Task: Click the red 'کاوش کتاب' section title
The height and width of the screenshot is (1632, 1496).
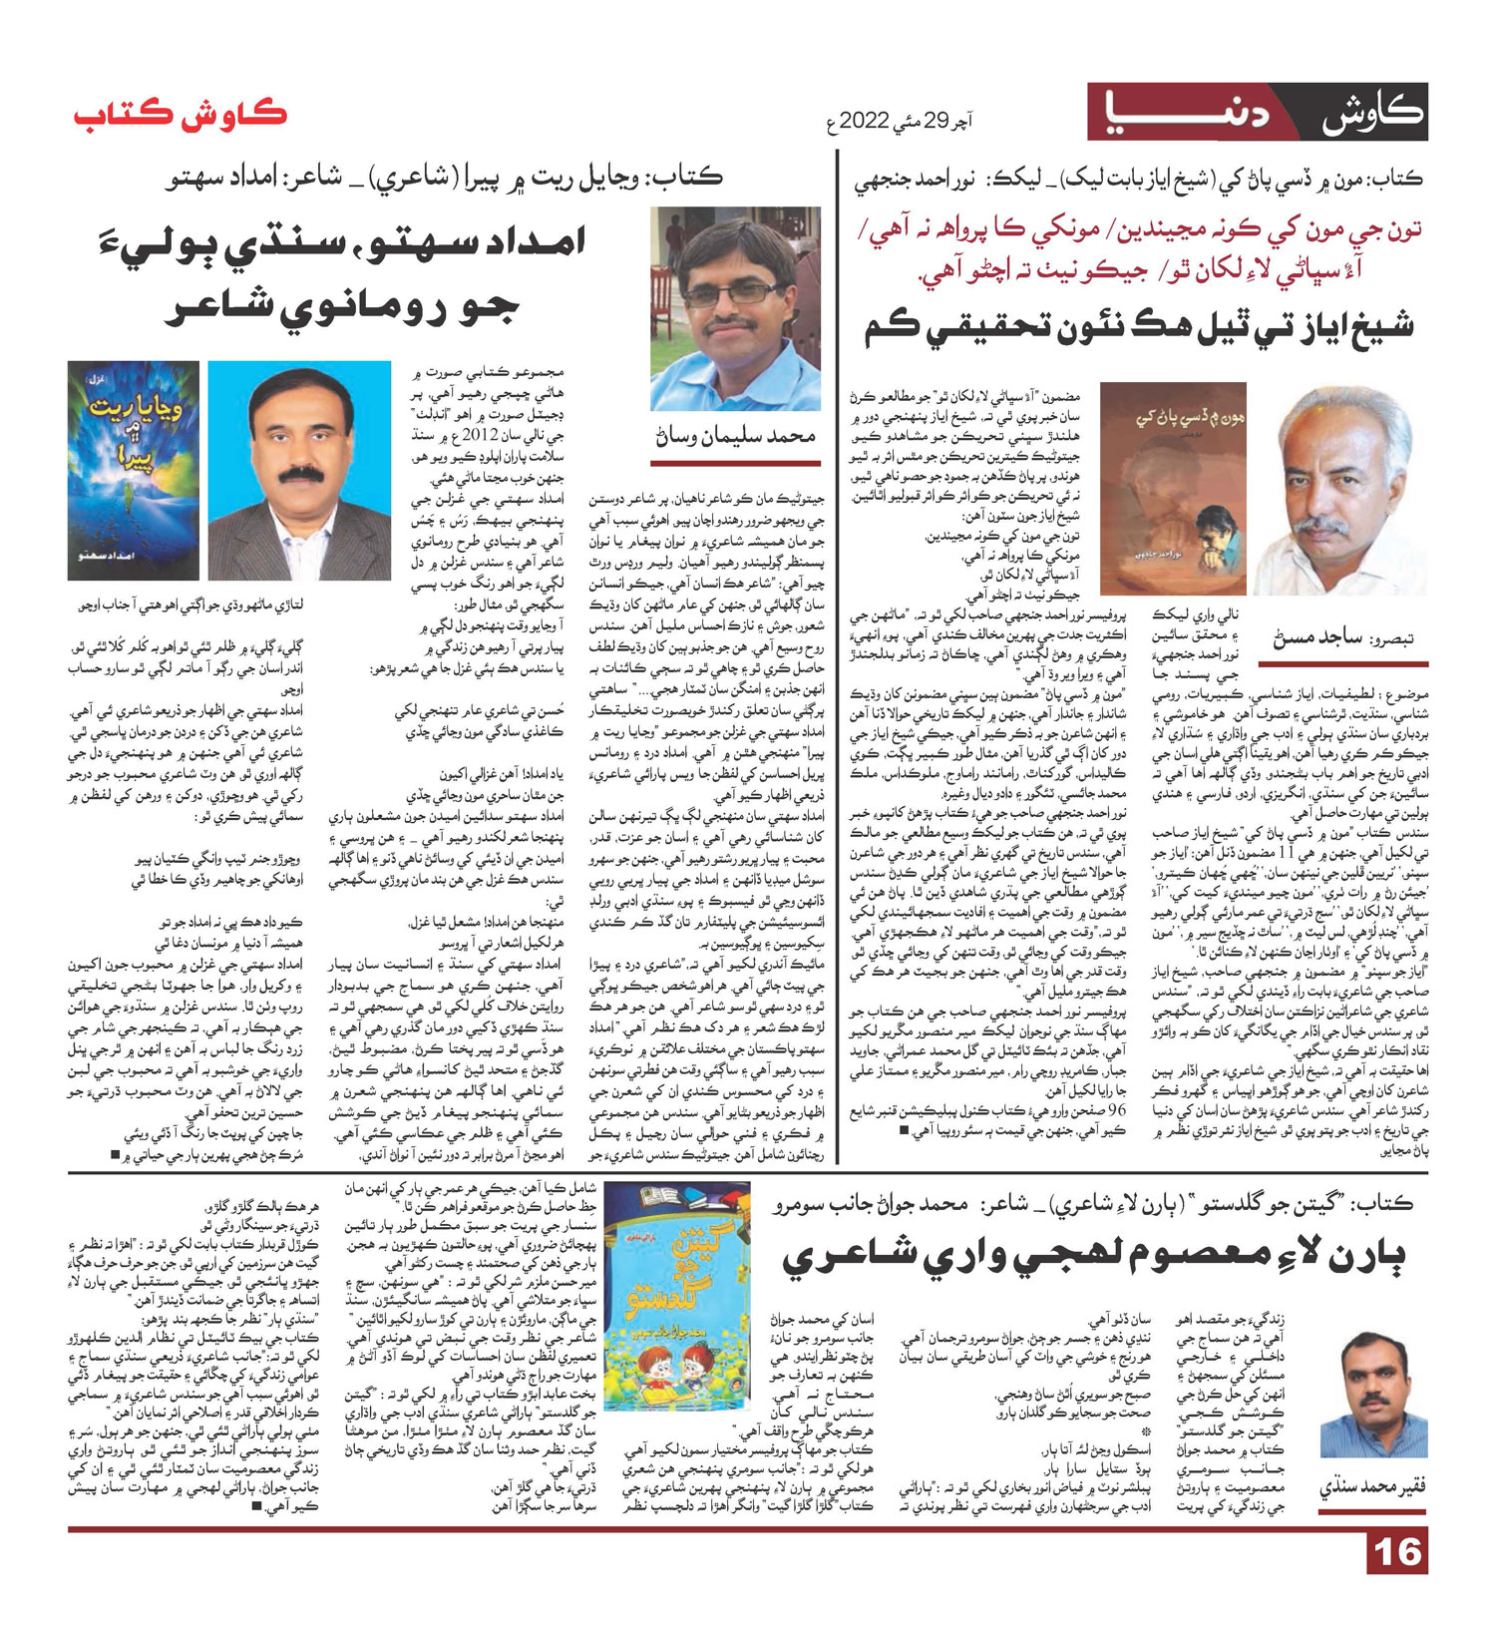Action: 181,114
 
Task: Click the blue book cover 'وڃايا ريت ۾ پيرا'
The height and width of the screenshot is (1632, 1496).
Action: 134,470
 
